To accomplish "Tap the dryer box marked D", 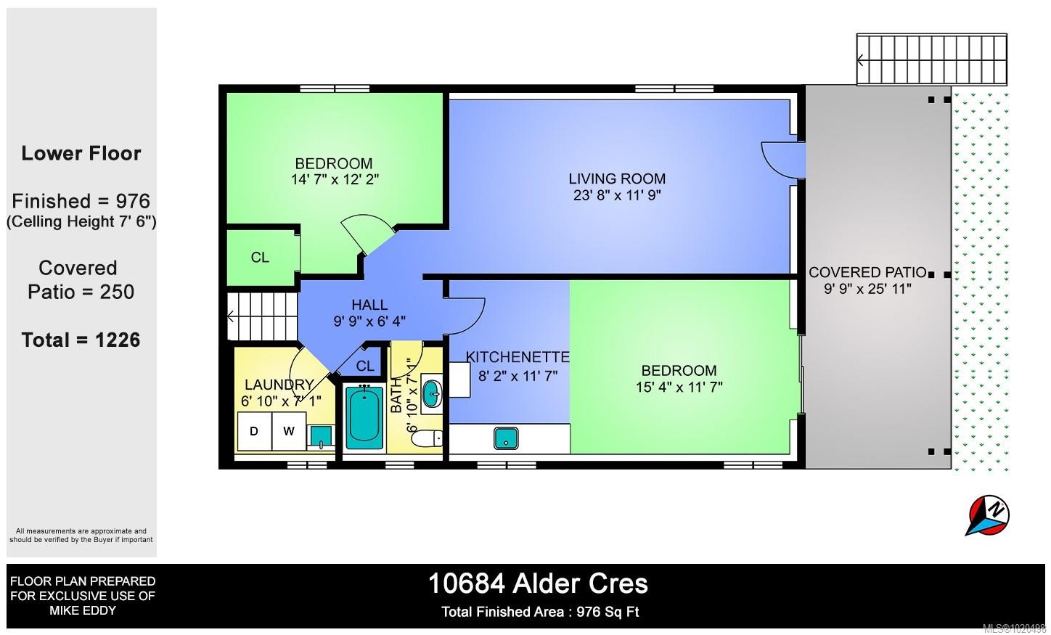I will click(x=254, y=431).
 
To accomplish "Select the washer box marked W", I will click(x=289, y=431).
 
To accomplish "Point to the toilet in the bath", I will click(x=432, y=438).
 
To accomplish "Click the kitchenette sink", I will click(x=506, y=438).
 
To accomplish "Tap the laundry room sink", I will click(x=321, y=435).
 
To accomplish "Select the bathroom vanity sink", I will click(x=432, y=395).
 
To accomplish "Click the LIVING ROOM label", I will click(x=617, y=179).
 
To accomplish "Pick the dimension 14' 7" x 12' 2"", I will click(x=335, y=179).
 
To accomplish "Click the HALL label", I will click(x=369, y=305).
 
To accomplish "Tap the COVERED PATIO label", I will click(x=867, y=272).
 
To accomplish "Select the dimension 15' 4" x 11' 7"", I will click(x=679, y=387).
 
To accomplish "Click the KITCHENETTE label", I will click(x=518, y=357).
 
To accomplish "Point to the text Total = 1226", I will click(x=81, y=340).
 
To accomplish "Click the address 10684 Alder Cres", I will click(x=538, y=583).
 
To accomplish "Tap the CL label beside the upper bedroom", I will click(x=260, y=258).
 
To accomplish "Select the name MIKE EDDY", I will click(x=83, y=610).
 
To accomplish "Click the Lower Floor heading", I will click(x=81, y=153).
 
